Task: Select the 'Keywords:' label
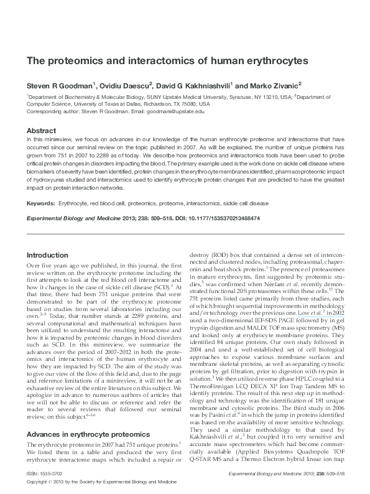40,203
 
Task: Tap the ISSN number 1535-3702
53,474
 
